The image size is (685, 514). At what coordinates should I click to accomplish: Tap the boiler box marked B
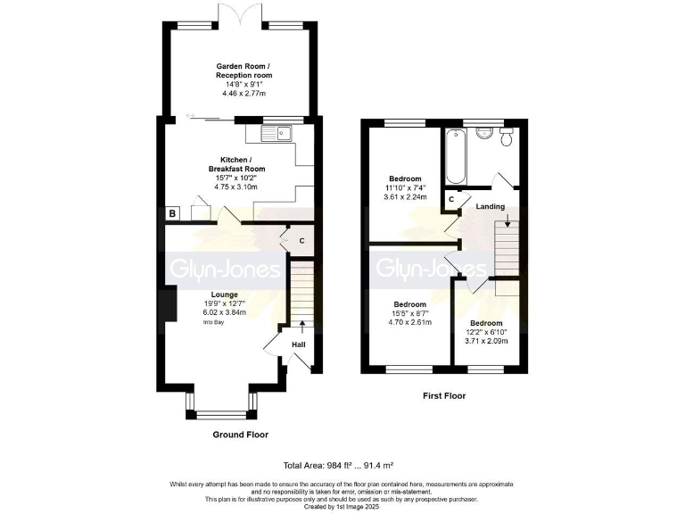(x=172, y=213)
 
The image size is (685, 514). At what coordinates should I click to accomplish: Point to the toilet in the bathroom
(x=508, y=137)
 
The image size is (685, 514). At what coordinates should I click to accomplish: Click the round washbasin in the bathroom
(x=484, y=134)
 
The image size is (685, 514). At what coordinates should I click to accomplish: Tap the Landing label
(x=491, y=207)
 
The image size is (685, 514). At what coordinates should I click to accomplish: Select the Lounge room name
(x=224, y=294)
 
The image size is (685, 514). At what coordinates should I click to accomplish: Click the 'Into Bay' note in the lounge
(x=224, y=321)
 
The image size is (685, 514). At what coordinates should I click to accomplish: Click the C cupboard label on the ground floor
(x=301, y=240)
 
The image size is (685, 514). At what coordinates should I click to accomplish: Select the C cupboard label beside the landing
(x=452, y=199)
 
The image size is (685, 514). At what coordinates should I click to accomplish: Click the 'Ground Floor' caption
(x=240, y=435)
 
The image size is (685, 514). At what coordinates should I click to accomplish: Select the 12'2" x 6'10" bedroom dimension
(x=486, y=332)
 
